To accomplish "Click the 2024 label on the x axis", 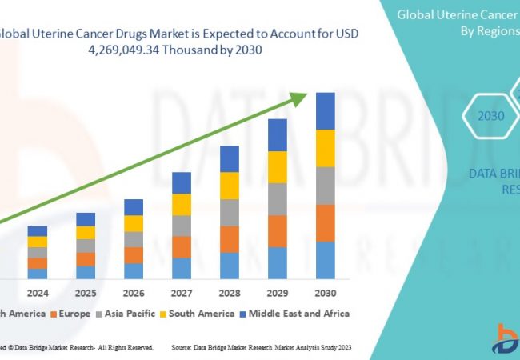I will click(37, 292).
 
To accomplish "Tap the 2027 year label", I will click(182, 292).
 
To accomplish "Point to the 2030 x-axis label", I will click(326, 292).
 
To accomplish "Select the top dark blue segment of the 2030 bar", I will click(326, 111).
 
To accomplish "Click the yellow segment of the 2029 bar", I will click(278, 167).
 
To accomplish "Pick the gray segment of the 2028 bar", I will click(230, 212).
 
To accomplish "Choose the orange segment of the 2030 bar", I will click(326, 223).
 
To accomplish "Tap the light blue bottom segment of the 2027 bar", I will click(182, 268).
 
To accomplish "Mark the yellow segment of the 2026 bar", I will click(134, 223).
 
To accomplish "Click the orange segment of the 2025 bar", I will click(86, 259).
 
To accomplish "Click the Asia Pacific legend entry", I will click(129, 314).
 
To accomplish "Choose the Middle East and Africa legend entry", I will click(296, 314).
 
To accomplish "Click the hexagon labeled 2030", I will click(491, 116).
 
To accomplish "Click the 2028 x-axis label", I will click(230, 292).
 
